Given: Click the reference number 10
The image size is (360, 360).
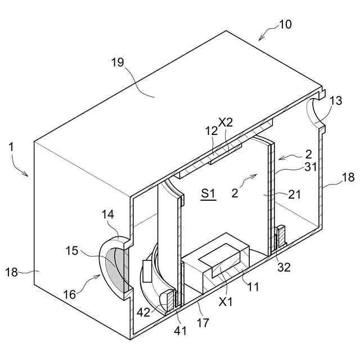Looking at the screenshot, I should (x=285, y=25).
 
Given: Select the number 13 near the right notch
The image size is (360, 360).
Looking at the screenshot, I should (x=336, y=101).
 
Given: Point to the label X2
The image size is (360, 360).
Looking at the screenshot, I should (x=226, y=121).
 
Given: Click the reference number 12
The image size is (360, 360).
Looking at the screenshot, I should (x=211, y=130).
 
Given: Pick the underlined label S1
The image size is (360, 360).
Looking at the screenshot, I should (x=208, y=194).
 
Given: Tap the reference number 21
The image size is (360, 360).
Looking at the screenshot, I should (x=294, y=195).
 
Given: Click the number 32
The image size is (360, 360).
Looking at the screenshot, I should (x=284, y=267).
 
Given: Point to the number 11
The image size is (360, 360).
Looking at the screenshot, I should (x=253, y=287).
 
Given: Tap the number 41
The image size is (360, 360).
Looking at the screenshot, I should (x=180, y=331).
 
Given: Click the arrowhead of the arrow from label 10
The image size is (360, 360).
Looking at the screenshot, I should (x=260, y=39).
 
